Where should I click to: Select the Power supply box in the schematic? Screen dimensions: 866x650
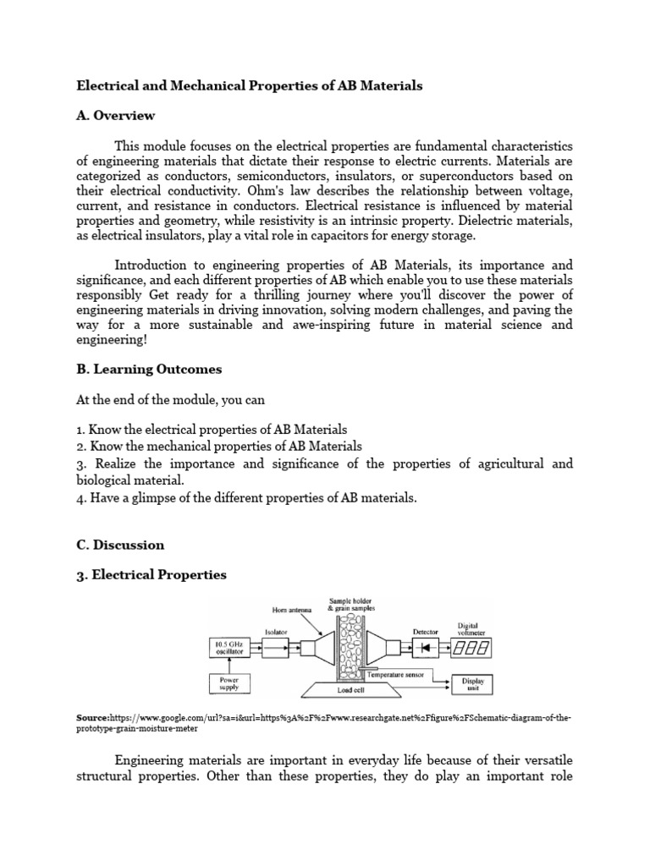[x=229, y=682]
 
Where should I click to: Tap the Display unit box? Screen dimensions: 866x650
[x=472, y=683]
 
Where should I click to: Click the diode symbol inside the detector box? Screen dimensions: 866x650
[x=424, y=648]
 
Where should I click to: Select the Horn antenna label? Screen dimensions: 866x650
[x=291, y=609]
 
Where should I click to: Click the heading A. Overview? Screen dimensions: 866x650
[x=116, y=115]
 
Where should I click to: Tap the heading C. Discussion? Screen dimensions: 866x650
[x=120, y=545]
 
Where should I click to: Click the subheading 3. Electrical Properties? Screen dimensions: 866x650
[x=151, y=575]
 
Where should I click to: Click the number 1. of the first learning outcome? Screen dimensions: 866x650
[x=81, y=430]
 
